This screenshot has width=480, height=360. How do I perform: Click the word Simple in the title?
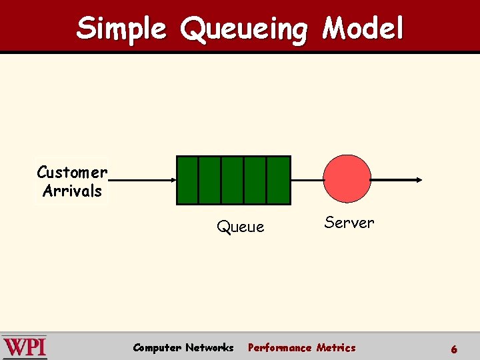121,29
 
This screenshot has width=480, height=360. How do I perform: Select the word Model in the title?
363,29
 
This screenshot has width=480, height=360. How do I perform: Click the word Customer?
72,173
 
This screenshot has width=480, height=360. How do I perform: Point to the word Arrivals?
72,191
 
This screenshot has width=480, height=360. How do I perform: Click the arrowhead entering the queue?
172,180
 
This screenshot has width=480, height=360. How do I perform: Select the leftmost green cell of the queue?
188,180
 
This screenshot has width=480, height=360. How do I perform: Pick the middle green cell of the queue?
233,180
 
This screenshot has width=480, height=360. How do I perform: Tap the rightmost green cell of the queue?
278,180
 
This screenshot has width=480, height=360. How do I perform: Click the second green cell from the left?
210,180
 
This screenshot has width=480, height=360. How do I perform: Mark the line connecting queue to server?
307,180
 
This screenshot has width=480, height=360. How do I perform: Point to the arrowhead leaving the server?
418,180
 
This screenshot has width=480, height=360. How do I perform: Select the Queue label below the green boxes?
240,227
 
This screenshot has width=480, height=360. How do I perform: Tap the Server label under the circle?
349,223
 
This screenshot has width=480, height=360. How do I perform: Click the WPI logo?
25,347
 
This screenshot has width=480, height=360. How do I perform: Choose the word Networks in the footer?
209,347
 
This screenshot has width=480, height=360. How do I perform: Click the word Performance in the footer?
279,347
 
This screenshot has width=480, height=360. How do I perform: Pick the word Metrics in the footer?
336,347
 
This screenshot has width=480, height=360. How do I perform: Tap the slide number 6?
454,349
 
